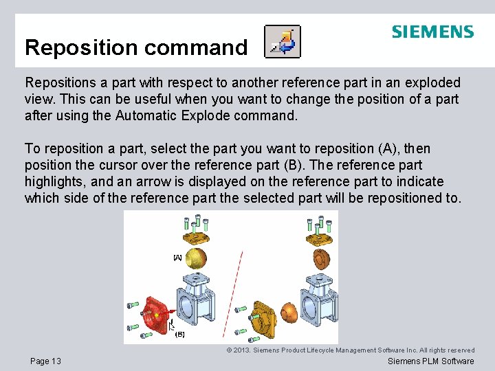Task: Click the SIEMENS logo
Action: coord(432,32)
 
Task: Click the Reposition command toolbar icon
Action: coord(283,43)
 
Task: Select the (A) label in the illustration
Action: coord(177,258)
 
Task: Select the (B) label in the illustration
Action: coord(180,334)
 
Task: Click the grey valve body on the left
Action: coord(192,295)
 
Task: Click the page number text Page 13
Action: coord(45,361)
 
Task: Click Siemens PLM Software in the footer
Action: coord(430,361)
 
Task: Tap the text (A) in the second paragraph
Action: coord(386,148)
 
